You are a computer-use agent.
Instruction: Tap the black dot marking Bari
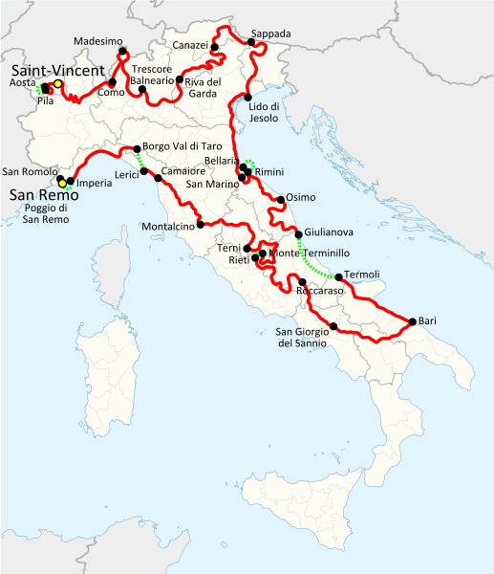tap(412, 321)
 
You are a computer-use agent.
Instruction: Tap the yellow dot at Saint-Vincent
tap(58, 83)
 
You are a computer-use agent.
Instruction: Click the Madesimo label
tap(98, 42)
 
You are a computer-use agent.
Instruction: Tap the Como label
tap(111, 92)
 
